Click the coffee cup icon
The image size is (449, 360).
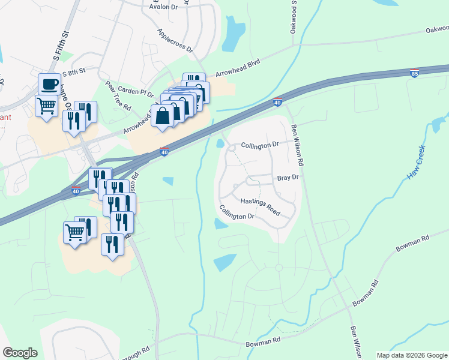(49, 83)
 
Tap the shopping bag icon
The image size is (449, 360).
(163, 116)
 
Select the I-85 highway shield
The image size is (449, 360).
(414, 73)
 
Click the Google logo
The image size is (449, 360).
(20, 352)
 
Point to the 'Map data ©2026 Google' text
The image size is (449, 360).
(412, 355)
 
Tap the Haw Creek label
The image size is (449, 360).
(415, 163)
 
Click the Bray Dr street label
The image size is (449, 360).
(288, 178)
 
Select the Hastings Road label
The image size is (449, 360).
(261, 208)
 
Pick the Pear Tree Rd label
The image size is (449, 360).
(118, 98)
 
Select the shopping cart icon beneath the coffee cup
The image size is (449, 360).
(46, 106)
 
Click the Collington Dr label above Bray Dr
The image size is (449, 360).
(260, 145)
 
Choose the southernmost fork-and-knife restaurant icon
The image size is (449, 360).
(112, 244)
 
